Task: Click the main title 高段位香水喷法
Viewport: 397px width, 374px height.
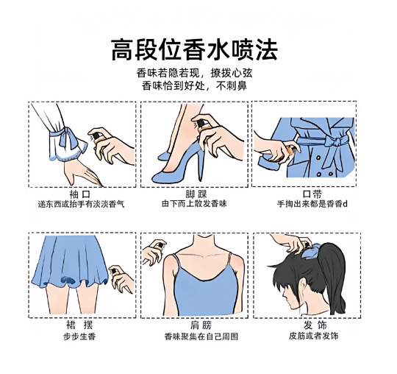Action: point(194,50)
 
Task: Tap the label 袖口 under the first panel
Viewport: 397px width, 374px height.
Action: point(79,194)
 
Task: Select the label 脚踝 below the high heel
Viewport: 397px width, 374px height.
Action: point(196,194)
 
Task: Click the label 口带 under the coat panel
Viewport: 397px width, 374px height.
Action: point(312,194)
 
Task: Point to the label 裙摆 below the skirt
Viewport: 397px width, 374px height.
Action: point(79,325)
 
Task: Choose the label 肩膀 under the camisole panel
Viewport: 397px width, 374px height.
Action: point(201,325)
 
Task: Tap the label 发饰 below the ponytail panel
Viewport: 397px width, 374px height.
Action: point(315,325)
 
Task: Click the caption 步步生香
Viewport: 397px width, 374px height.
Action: point(79,336)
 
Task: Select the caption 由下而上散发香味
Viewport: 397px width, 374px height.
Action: point(194,204)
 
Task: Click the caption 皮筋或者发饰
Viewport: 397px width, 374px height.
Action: point(314,336)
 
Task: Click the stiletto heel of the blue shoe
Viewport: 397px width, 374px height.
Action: point(200,165)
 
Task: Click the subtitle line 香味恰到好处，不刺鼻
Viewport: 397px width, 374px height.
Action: point(194,85)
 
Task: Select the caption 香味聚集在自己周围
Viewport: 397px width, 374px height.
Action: point(201,336)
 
